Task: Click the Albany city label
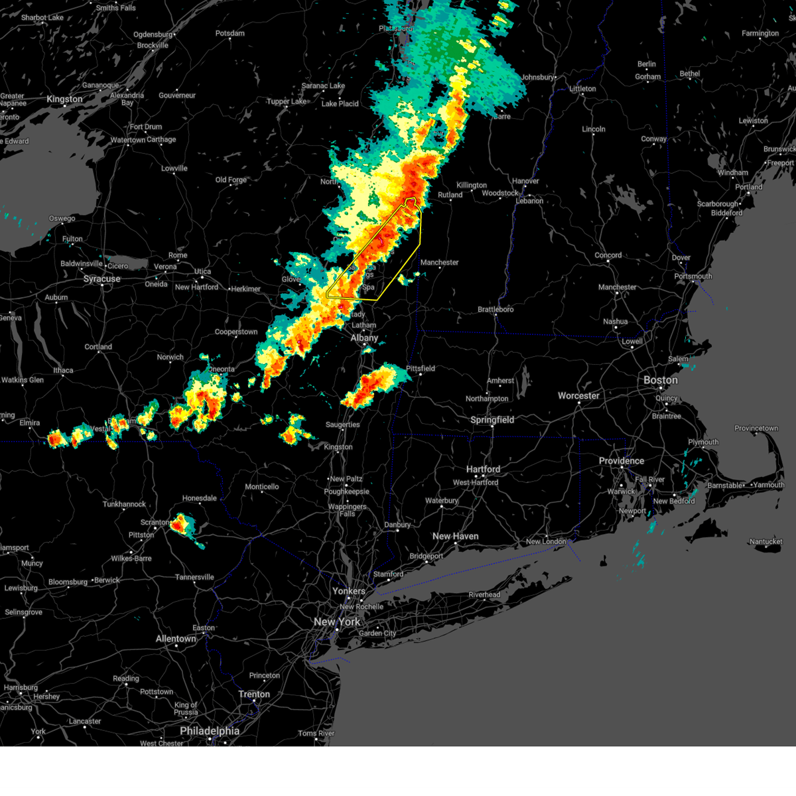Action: point(364,338)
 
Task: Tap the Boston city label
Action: point(661,380)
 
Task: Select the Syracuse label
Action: point(101,279)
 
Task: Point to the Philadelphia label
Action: point(210,730)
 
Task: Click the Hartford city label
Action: point(483,469)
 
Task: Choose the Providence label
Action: point(622,460)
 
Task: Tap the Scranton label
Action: point(155,522)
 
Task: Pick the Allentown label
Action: point(176,639)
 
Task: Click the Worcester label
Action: point(578,395)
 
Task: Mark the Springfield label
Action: point(492,420)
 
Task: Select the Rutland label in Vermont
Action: point(450,195)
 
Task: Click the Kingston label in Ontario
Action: point(64,99)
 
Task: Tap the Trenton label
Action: point(254,694)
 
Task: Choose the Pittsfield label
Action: point(421,368)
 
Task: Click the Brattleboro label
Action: point(496,309)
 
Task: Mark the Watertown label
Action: point(128,140)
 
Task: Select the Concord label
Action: point(608,255)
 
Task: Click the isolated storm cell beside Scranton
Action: point(180,525)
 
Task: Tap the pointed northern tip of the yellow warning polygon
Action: point(411,198)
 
